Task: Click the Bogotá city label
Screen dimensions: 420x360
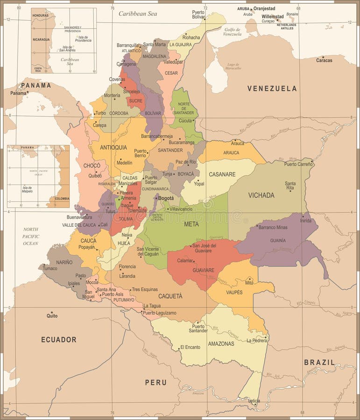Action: click(x=166, y=198)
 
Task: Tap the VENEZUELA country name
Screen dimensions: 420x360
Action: click(x=272, y=88)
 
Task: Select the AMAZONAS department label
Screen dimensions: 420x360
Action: click(x=221, y=343)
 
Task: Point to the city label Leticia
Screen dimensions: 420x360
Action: click(x=254, y=400)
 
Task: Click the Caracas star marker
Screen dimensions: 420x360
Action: click(x=324, y=56)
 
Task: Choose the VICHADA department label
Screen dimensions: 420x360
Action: click(x=261, y=195)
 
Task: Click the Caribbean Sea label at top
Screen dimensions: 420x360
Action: click(x=138, y=14)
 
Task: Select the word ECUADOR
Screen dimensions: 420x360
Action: click(x=58, y=339)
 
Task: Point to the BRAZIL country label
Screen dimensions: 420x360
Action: click(x=319, y=362)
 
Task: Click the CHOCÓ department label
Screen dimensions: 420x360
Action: click(x=92, y=165)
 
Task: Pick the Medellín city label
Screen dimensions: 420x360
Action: click(x=124, y=163)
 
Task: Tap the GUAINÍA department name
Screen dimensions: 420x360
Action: click(x=278, y=240)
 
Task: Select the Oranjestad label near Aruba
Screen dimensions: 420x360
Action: click(x=264, y=8)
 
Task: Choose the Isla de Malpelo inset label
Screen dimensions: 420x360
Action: click(x=27, y=189)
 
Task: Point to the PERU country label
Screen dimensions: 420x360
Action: click(x=155, y=382)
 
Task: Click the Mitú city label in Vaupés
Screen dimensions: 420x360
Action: click(x=249, y=283)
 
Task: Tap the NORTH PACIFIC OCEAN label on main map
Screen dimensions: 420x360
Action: click(x=31, y=236)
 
